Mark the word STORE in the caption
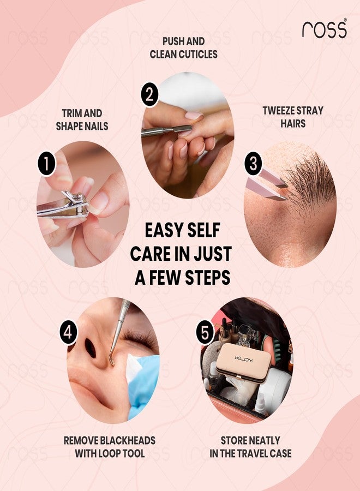point(236,440)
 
